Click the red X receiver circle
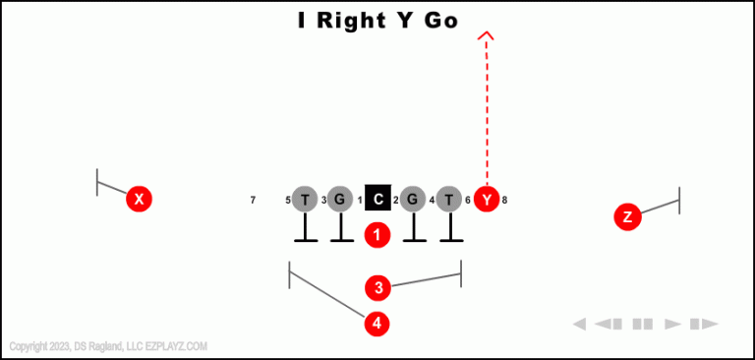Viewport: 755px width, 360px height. click(140, 200)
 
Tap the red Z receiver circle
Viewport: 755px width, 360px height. click(627, 217)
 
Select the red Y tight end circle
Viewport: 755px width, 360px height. click(487, 200)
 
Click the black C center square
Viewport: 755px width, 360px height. click(378, 200)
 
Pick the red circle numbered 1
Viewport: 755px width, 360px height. click(377, 235)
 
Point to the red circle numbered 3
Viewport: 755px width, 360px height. click(377, 288)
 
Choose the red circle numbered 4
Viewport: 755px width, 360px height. click(377, 323)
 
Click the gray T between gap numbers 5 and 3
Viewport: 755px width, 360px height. click(305, 200)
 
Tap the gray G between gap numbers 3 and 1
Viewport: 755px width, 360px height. click(340, 200)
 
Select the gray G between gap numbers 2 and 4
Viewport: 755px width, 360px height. click(414, 200)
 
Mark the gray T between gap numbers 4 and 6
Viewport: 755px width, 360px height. click(449, 200)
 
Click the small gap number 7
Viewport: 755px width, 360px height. click(253, 201)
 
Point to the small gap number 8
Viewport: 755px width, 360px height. click(504, 201)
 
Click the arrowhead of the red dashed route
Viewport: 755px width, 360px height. click(486, 36)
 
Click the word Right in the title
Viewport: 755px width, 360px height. click(356, 21)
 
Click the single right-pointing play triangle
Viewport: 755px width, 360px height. click(673, 324)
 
